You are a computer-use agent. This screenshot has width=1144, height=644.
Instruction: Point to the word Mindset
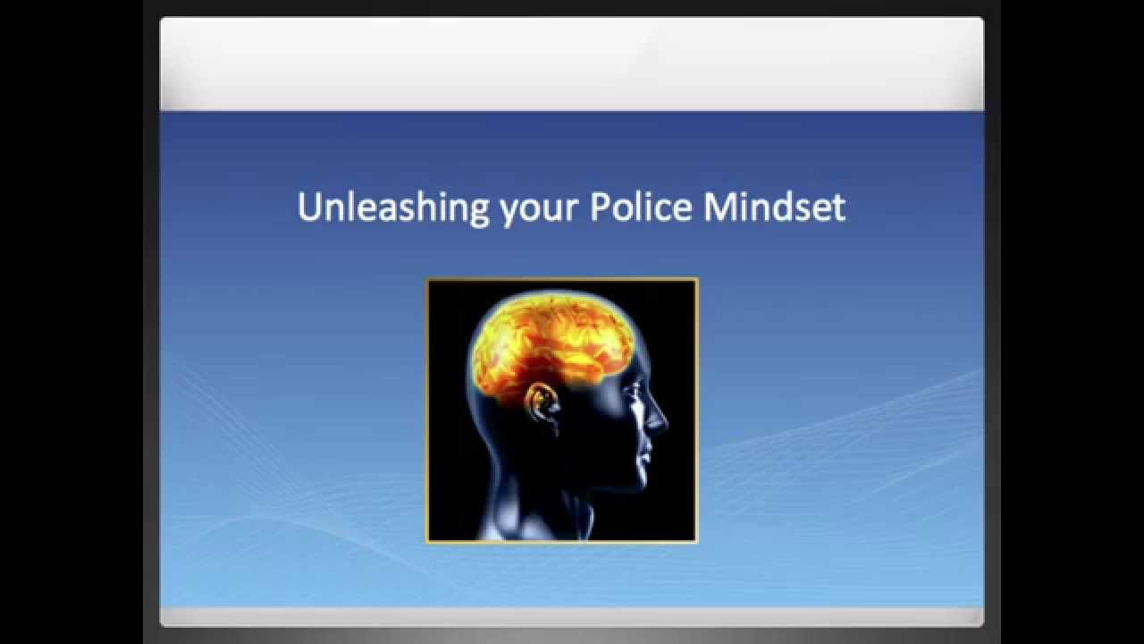coord(774,208)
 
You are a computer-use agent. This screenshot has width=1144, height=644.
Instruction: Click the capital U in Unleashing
coord(308,208)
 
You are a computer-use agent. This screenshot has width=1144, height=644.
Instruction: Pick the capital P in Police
coord(599,208)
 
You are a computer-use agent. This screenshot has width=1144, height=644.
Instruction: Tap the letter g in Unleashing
coord(479,211)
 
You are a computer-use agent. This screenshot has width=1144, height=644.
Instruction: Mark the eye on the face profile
coord(636,389)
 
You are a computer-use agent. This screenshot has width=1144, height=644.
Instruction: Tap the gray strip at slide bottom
coord(572,617)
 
